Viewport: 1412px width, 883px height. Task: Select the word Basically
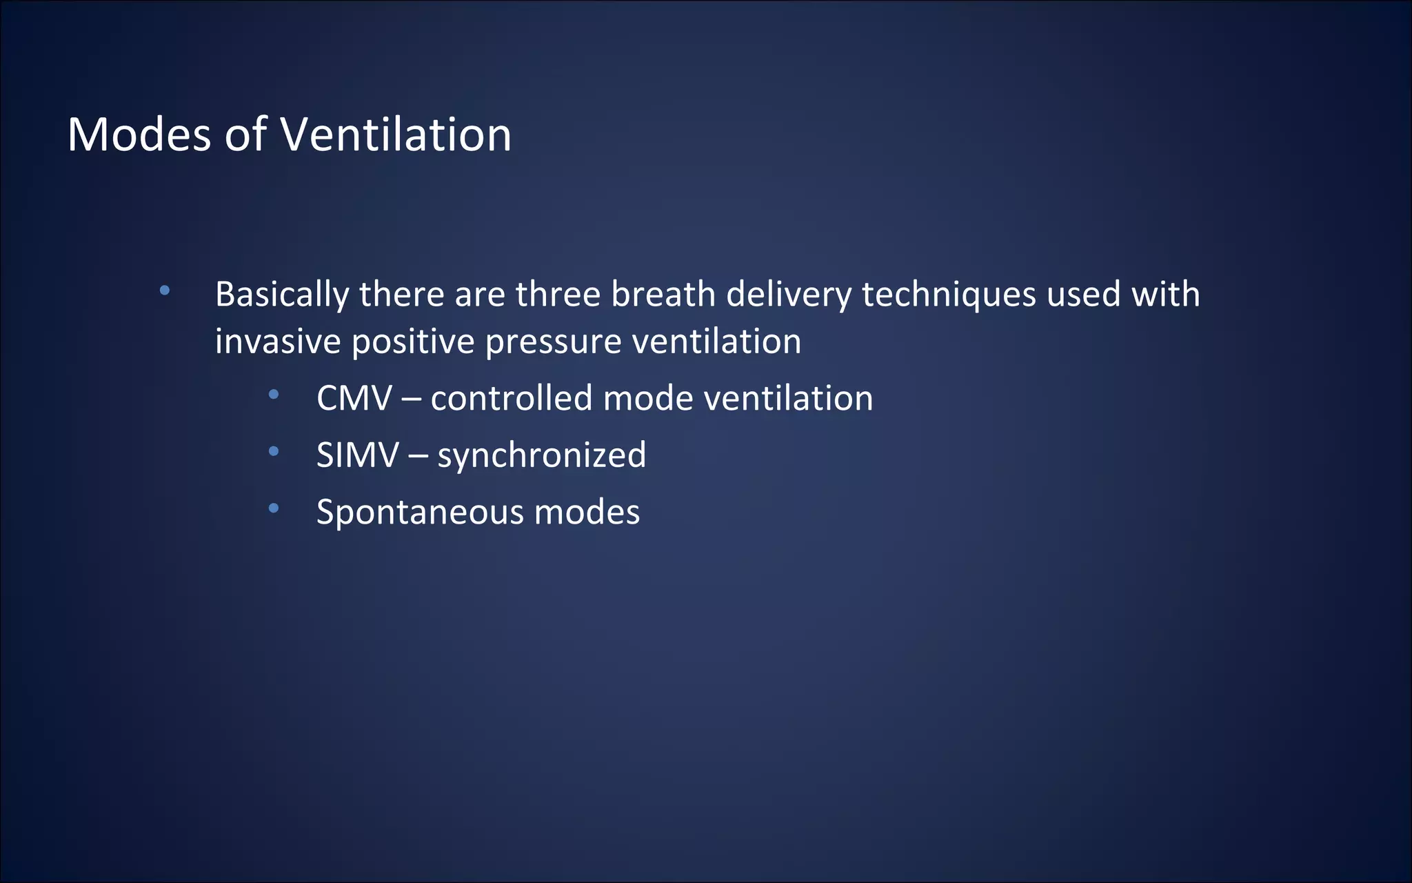click(282, 295)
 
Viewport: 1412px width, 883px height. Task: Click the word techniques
click(949, 295)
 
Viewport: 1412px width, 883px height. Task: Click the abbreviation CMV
click(354, 399)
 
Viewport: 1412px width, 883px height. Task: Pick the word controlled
click(512, 399)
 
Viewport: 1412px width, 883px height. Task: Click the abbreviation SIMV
click(357, 455)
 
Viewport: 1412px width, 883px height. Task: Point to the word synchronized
click(542, 456)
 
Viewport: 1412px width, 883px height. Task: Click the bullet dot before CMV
click(274, 395)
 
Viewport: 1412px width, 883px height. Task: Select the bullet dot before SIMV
click(274, 451)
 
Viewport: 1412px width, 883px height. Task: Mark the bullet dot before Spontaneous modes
click(274, 508)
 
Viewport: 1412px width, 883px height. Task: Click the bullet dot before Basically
click(164, 290)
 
